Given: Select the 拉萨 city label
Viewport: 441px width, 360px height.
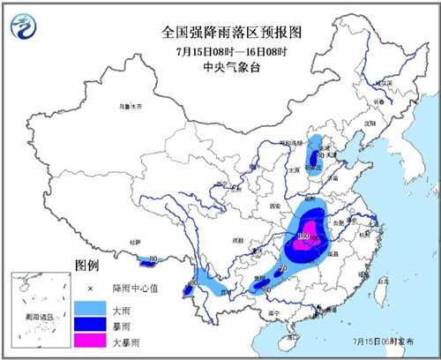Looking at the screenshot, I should coord(136,240).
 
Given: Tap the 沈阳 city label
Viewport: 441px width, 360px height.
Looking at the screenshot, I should coord(370,124).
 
